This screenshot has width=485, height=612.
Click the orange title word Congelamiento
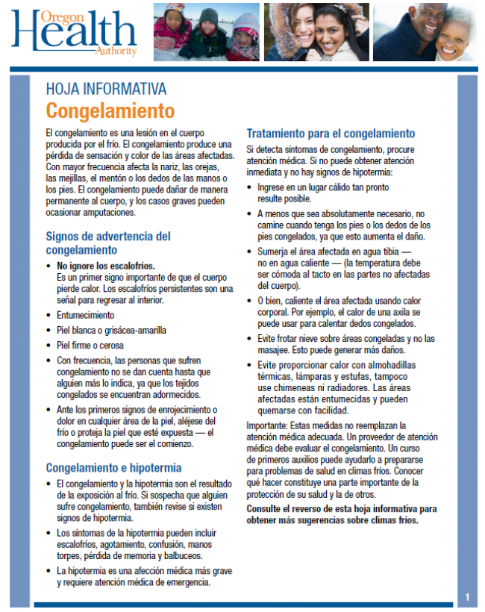coord(110,111)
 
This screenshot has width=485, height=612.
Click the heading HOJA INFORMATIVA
coord(106,90)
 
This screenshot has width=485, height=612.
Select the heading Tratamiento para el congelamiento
coord(331,134)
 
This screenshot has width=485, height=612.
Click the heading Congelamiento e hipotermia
coord(113,468)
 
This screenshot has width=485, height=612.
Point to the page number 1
coord(467,597)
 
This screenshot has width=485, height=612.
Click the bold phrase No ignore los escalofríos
coord(106,265)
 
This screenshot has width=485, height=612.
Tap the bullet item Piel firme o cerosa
coord(90,346)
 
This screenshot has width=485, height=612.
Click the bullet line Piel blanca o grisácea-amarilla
coord(112,330)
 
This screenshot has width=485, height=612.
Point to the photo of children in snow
coord(206,32)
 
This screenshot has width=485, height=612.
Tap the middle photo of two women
coord(316,32)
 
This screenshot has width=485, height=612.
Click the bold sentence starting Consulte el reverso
coord(341,514)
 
